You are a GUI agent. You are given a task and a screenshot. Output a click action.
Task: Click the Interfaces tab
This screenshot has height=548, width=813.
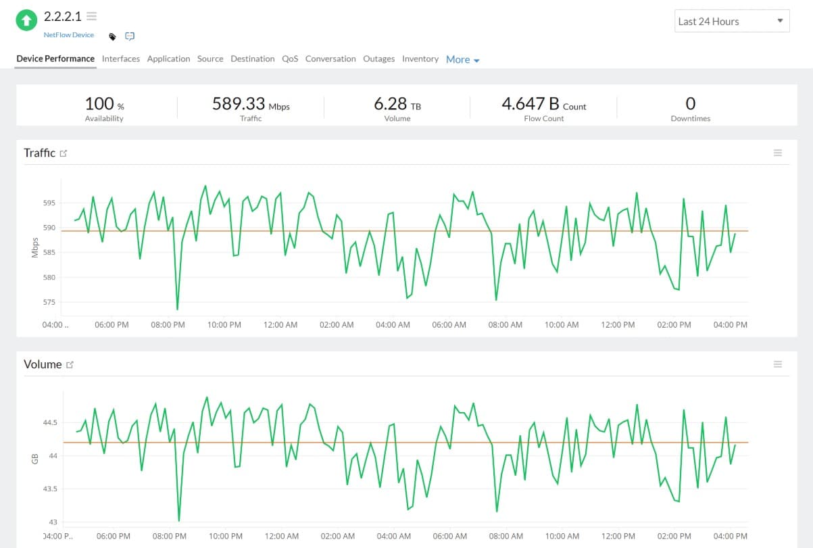pyautogui.click(x=120, y=59)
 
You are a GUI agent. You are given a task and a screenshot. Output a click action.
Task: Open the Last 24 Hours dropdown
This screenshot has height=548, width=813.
pyautogui.click(x=732, y=22)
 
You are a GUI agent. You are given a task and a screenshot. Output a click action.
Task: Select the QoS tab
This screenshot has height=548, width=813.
pyautogui.click(x=290, y=59)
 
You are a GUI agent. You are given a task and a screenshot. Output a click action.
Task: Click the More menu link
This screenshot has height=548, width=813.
pyautogui.click(x=462, y=59)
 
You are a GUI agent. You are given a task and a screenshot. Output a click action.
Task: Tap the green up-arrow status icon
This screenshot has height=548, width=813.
pyautogui.click(x=26, y=20)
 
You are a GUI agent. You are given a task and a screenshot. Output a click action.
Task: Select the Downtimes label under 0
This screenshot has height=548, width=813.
pyautogui.click(x=690, y=118)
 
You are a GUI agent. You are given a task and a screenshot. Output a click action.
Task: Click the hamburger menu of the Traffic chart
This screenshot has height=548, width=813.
pyautogui.click(x=777, y=153)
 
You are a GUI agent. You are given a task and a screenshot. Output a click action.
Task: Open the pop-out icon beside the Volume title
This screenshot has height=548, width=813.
pyautogui.click(x=70, y=365)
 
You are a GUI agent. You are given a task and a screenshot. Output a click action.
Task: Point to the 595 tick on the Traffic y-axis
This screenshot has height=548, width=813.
pyautogui.click(x=49, y=203)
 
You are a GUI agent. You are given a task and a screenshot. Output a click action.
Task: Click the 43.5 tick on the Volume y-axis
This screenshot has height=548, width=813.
pyautogui.click(x=51, y=489)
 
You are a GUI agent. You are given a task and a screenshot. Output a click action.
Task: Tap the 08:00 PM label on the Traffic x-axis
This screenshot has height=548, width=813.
pyautogui.click(x=168, y=325)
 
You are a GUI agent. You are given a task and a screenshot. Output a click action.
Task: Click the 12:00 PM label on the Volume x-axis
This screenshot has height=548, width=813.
pyautogui.click(x=617, y=536)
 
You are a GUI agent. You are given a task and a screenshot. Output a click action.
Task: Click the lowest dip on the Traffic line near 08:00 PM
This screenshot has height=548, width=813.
pyautogui.click(x=177, y=309)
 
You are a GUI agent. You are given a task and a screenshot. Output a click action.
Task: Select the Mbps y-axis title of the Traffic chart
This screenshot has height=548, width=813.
pyautogui.click(x=35, y=248)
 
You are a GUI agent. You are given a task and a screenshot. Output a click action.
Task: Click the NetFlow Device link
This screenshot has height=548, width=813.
pyautogui.click(x=69, y=34)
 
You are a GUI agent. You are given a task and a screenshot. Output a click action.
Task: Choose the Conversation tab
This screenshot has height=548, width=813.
pyautogui.click(x=330, y=59)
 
